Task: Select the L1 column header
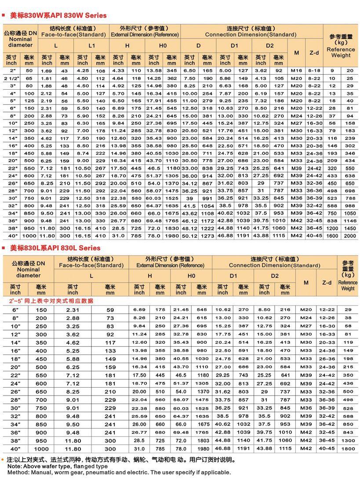[x=91, y=46]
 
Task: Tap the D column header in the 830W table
[x=198, y=46]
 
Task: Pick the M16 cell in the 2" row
[x=297, y=70]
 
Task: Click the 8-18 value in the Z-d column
[x=314, y=70]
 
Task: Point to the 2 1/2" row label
[x=12, y=78]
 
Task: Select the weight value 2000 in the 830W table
[x=350, y=236]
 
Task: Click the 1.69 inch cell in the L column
[x=47, y=70]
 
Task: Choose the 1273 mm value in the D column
[x=207, y=236]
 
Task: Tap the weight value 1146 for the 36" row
[x=350, y=221]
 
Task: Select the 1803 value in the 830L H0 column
[x=204, y=440]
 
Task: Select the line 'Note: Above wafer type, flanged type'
[x=58, y=466]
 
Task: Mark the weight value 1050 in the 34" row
[x=350, y=213]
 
